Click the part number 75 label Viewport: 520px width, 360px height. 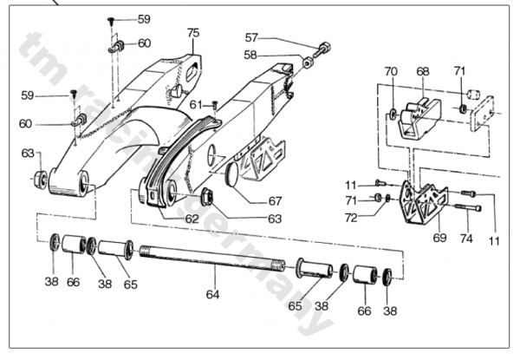pyautogui.click(x=193, y=33)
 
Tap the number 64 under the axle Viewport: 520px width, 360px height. pyautogui.click(x=212, y=294)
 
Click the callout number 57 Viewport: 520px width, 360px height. pyautogui.click(x=251, y=38)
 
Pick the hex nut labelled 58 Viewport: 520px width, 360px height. pyautogui.click(x=308, y=62)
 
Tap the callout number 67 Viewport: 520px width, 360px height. pyautogui.click(x=276, y=201)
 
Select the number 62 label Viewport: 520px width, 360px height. pyautogui.click(x=192, y=219)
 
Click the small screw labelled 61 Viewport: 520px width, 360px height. pyautogui.click(x=215, y=106)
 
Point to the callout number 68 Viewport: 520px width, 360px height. pyautogui.click(x=423, y=72)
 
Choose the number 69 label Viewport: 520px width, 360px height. pyautogui.click(x=439, y=238)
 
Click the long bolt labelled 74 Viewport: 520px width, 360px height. pyautogui.click(x=468, y=207)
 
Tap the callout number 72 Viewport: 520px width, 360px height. pyautogui.click(x=351, y=218)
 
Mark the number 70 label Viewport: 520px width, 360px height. pyautogui.click(x=391, y=71)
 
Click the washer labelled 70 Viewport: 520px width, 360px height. pyautogui.click(x=393, y=114)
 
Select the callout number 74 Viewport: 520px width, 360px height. pyautogui.click(x=466, y=239)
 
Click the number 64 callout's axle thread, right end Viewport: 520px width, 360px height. pyautogui.click(x=279, y=265)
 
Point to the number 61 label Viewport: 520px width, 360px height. pyautogui.click(x=196, y=105)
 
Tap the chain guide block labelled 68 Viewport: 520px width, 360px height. pyautogui.click(x=419, y=118)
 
